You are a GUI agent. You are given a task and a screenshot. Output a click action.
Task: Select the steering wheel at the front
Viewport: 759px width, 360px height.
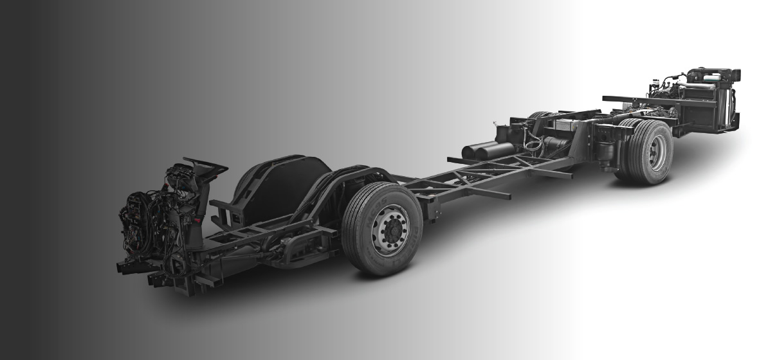point(205,165)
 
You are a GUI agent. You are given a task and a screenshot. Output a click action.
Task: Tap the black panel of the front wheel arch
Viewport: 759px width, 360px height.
point(283,186)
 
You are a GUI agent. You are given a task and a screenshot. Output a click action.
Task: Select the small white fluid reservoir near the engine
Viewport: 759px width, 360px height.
point(656,84)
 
